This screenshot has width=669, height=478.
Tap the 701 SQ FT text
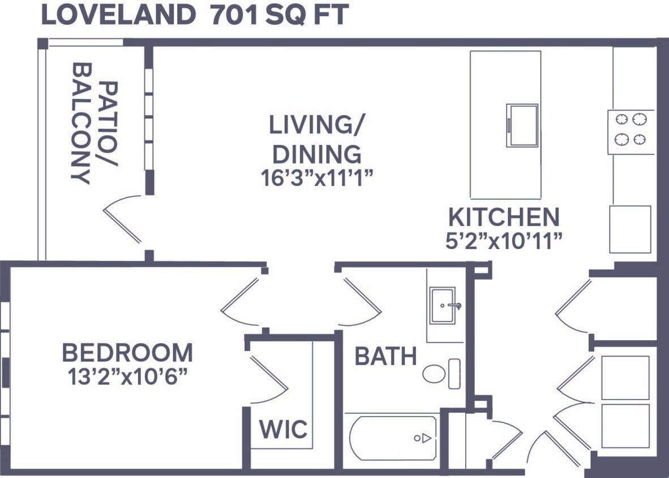pyautogui.click(x=278, y=15)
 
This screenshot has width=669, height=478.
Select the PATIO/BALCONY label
pyautogui.click(x=95, y=132)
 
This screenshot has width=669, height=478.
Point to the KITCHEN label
pyautogui.click(x=504, y=217)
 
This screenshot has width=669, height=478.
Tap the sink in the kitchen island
pyautogui.click(x=522, y=125)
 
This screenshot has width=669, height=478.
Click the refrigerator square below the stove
pyautogui.click(x=630, y=229)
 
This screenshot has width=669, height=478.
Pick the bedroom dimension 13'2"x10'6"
pyautogui.click(x=127, y=376)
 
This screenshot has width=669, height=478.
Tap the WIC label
pyautogui.click(x=283, y=429)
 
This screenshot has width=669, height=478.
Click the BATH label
pyautogui.click(x=385, y=357)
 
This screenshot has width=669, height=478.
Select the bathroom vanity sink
pyautogui.click(x=443, y=305)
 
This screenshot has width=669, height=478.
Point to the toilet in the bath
pyautogui.click(x=440, y=374)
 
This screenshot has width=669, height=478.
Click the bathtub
pyautogui.click(x=393, y=438)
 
